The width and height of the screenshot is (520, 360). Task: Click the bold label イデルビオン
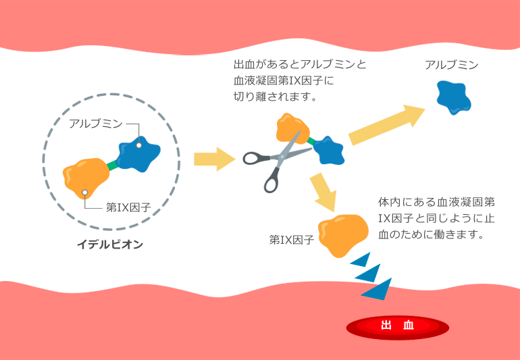coord(110,245)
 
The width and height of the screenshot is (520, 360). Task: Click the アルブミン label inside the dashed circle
coord(96,124)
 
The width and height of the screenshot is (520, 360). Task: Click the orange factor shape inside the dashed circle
coord(86,178)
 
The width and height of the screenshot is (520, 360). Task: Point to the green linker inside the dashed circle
coord(112,165)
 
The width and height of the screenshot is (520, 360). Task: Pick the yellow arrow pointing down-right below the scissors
coord(325,192)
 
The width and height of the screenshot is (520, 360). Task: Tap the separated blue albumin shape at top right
coord(452,97)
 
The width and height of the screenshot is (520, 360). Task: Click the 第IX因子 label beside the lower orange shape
coord(292,239)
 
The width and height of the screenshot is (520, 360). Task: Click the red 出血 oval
coord(398,326)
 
